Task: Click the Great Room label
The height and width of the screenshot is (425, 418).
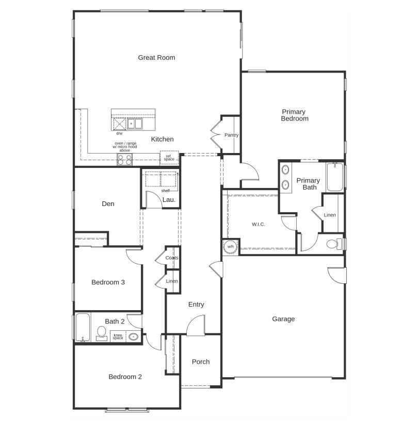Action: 156,58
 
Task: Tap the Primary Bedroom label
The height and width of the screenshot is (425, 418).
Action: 294,115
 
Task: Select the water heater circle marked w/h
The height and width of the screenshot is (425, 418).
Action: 230,247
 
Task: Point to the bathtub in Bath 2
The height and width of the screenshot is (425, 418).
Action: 83,327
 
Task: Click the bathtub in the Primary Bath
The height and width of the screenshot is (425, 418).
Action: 334,177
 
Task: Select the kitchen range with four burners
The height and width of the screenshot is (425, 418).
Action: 124,160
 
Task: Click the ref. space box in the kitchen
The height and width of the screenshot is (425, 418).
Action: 169,158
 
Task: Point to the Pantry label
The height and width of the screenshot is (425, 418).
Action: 231,135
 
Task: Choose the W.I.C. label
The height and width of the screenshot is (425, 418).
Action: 259,224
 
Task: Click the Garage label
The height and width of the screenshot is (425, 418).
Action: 283,319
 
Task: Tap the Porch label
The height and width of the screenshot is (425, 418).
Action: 201,362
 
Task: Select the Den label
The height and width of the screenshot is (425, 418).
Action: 108,204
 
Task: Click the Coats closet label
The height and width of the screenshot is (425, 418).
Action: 172,258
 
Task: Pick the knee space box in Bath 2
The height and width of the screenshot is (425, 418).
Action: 118,337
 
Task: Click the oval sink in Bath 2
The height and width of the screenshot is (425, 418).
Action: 134,337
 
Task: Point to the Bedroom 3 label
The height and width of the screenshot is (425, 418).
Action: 108,282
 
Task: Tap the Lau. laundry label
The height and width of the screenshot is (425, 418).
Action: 169,200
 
